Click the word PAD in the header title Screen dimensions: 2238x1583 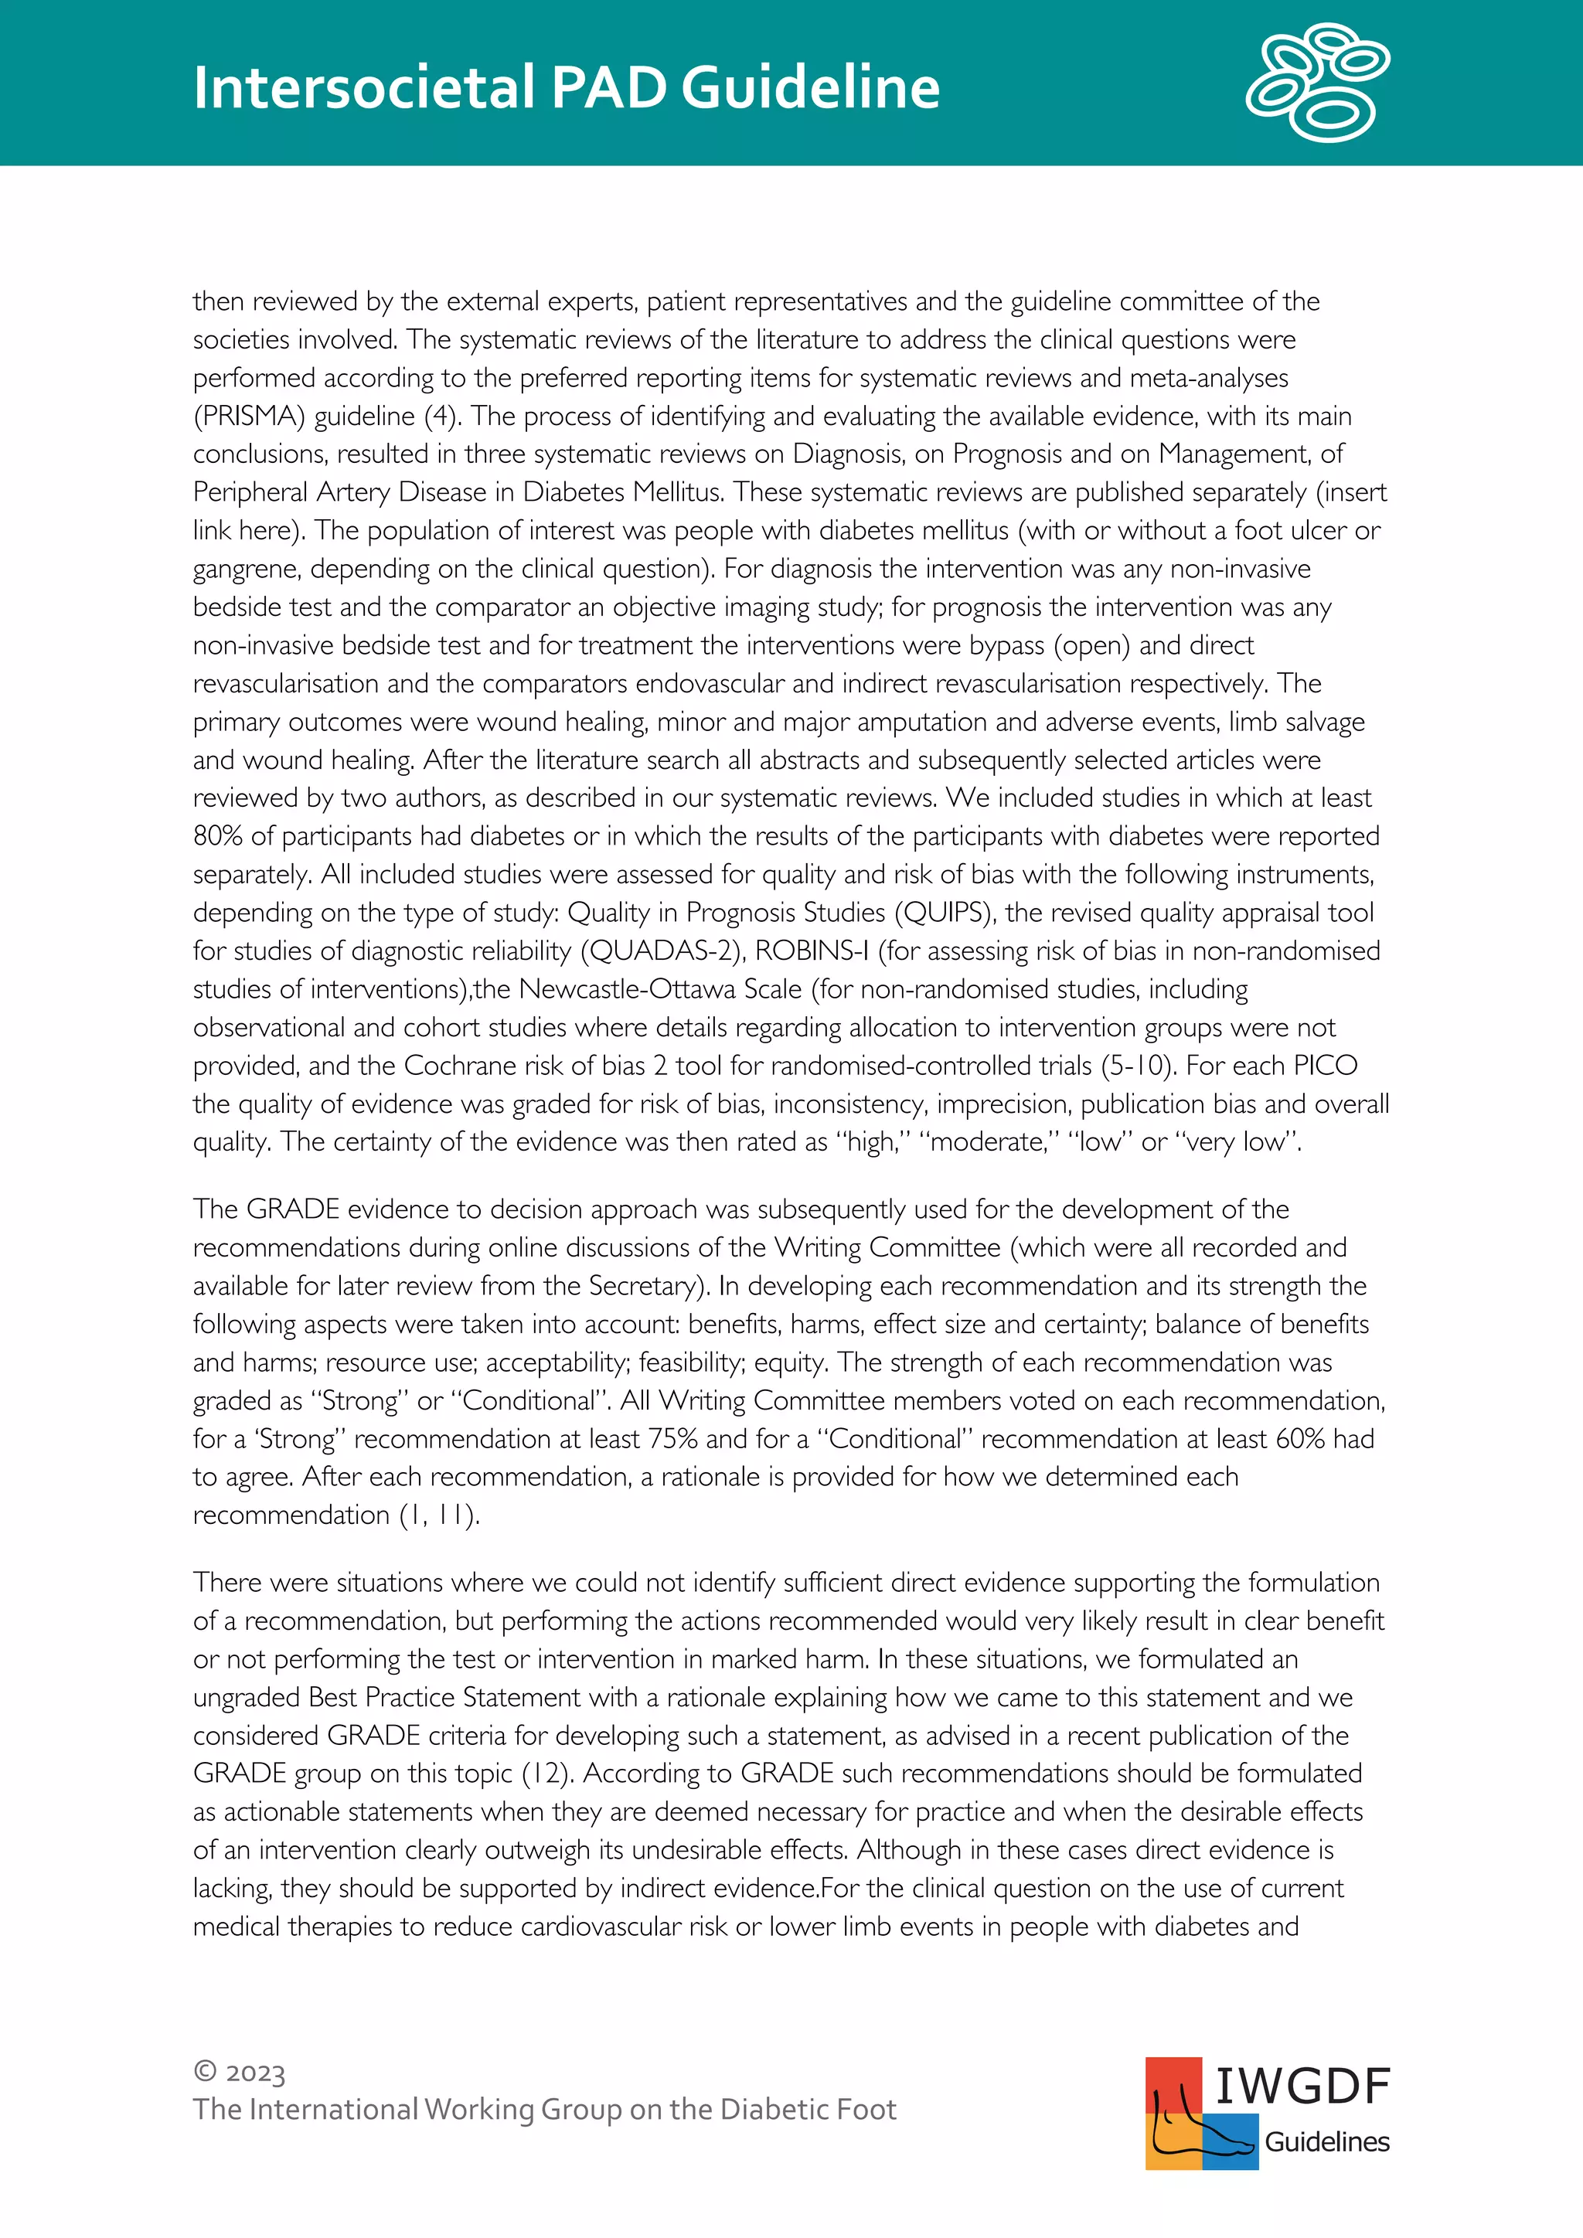pos(609,88)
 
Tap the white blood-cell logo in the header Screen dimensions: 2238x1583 pos(1317,82)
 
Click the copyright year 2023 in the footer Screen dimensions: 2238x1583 pos(254,2073)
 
